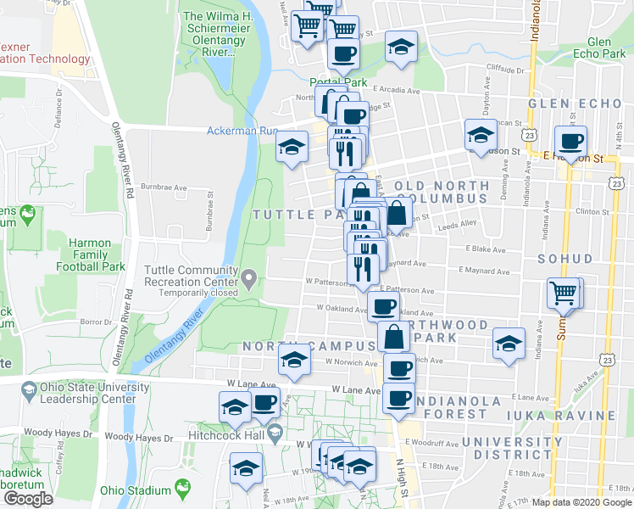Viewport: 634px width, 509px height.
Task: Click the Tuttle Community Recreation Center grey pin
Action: click(248, 277)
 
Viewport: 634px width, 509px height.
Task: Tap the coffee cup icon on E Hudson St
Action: click(570, 142)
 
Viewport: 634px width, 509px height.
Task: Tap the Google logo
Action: click(28, 499)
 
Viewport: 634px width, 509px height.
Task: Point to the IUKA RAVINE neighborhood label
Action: click(580, 416)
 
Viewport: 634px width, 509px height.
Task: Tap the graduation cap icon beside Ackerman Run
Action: click(292, 148)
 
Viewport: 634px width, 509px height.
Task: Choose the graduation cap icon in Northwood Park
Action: click(508, 343)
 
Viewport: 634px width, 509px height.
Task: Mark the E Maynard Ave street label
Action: click(485, 271)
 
